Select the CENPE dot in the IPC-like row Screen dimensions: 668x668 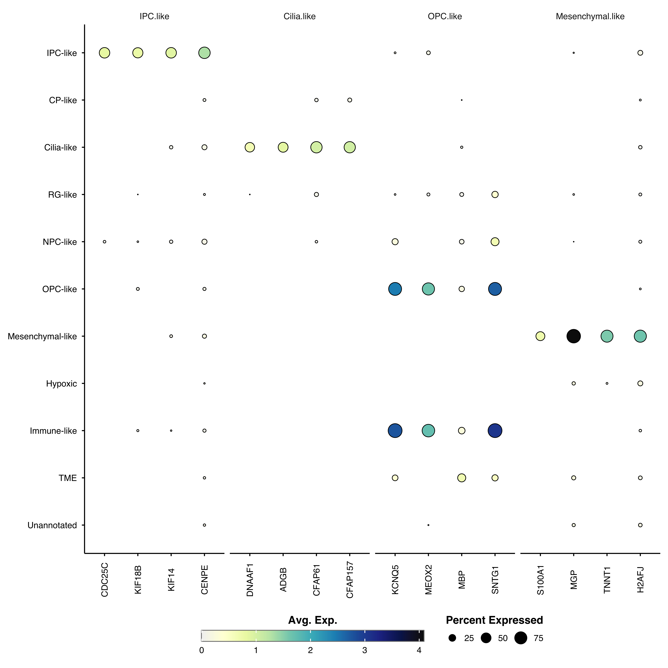[x=204, y=53]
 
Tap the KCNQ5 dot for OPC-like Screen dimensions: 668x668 [x=395, y=289]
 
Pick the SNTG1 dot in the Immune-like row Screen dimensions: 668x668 [x=495, y=430]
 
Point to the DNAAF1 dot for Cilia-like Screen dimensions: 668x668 [x=250, y=147]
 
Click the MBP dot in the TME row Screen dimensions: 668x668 [x=462, y=478]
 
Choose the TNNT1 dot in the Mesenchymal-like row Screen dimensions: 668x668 [x=607, y=336]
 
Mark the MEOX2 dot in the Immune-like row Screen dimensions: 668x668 [x=428, y=430]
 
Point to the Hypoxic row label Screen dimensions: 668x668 [x=62, y=383]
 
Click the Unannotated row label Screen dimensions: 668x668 [x=52, y=525]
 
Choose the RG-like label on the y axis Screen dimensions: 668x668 [x=63, y=195]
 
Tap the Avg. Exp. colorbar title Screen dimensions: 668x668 [x=313, y=620]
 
